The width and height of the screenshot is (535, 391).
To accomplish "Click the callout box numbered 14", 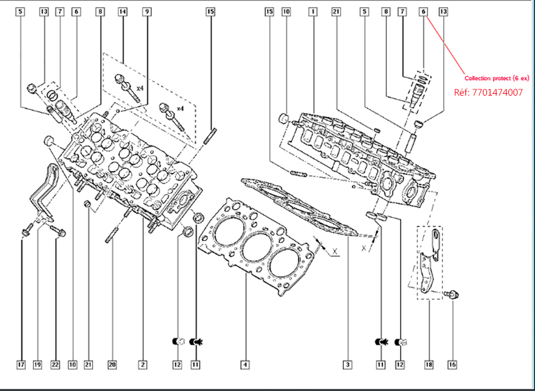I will (x=122, y=11).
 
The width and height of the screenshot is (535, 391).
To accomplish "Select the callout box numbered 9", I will (x=147, y=11).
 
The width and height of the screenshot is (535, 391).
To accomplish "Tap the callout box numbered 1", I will (x=312, y=11).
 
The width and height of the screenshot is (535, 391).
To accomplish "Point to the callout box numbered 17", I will (x=21, y=365).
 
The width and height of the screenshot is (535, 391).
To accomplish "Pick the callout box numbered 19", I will (x=38, y=365).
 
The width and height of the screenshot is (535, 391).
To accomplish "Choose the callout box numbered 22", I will (x=55, y=365).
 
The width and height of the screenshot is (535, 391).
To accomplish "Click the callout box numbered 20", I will (x=112, y=365).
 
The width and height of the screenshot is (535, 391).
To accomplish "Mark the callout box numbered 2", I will (x=143, y=365).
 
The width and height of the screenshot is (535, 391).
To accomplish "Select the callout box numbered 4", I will (x=245, y=365).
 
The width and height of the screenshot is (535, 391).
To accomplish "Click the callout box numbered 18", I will (x=429, y=365).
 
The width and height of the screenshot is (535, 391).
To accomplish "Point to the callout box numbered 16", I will (x=452, y=365).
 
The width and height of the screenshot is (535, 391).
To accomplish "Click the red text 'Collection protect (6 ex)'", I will (x=497, y=78).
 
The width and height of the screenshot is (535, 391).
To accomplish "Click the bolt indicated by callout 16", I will (x=452, y=294).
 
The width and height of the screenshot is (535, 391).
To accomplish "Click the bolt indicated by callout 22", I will (x=58, y=230).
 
